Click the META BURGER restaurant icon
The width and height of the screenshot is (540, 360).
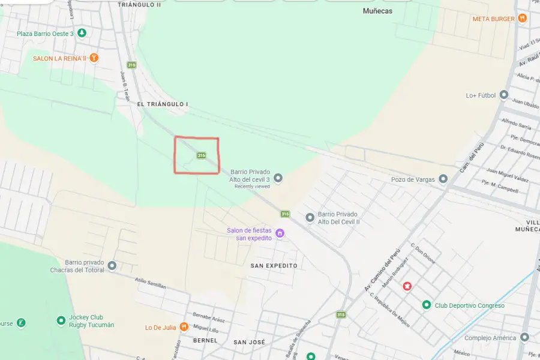(523, 19)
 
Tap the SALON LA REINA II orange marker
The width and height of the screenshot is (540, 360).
(94, 58)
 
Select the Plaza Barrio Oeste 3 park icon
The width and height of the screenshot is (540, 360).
(82, 33)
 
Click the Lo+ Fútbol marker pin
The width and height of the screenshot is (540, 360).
(504, 95)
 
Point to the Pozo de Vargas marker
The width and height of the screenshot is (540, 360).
(443, 179)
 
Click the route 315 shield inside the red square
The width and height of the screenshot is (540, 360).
(202, 155)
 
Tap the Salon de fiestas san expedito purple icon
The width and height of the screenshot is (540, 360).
(280, 233)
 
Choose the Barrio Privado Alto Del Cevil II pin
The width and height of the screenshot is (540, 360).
(310, 217)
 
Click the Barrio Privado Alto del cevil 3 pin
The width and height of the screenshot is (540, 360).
(278, 178)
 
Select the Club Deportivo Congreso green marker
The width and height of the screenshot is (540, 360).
(427, 305)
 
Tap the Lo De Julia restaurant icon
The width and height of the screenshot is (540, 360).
(184, 327)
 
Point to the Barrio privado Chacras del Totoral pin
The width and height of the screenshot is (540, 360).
(112, 266)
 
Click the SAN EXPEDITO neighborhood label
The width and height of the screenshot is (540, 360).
(274, 265)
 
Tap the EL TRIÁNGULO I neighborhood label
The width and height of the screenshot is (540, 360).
(163, 104)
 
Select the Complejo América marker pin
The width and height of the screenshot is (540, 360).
(525, 338)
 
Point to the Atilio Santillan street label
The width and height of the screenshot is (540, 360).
(150, 283)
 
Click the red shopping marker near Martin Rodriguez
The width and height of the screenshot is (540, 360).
(407, 287)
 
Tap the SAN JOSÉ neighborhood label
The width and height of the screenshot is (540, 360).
(249, 342)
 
